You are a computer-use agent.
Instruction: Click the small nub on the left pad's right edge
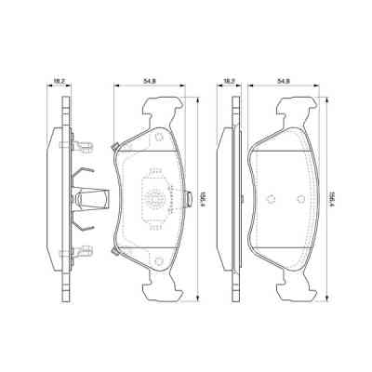(184, 197)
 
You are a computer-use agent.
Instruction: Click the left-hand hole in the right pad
(268, 197)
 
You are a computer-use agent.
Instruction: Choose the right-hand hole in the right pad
(300, 197)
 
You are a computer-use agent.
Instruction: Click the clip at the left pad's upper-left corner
(113, 146)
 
